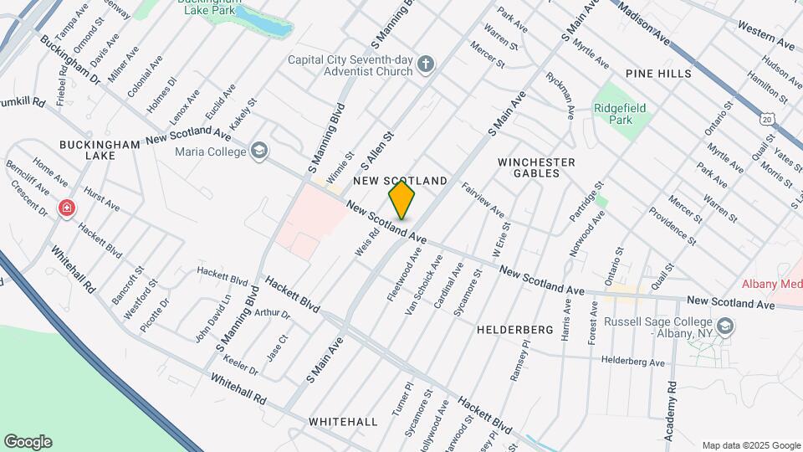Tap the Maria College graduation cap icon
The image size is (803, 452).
tap(258, 151)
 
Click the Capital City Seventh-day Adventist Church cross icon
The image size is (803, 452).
tap(426, 64)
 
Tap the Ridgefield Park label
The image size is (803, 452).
tap(620, 114)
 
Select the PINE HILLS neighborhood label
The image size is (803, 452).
tap(663, 74)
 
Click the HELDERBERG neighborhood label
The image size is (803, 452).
tap(515, 330)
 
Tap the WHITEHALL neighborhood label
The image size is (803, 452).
tap(343, 422)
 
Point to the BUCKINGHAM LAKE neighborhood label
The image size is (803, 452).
tap(100, 151)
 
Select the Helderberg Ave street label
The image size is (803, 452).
tap(632, 362)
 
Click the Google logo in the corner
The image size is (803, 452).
tap(28, 442)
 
